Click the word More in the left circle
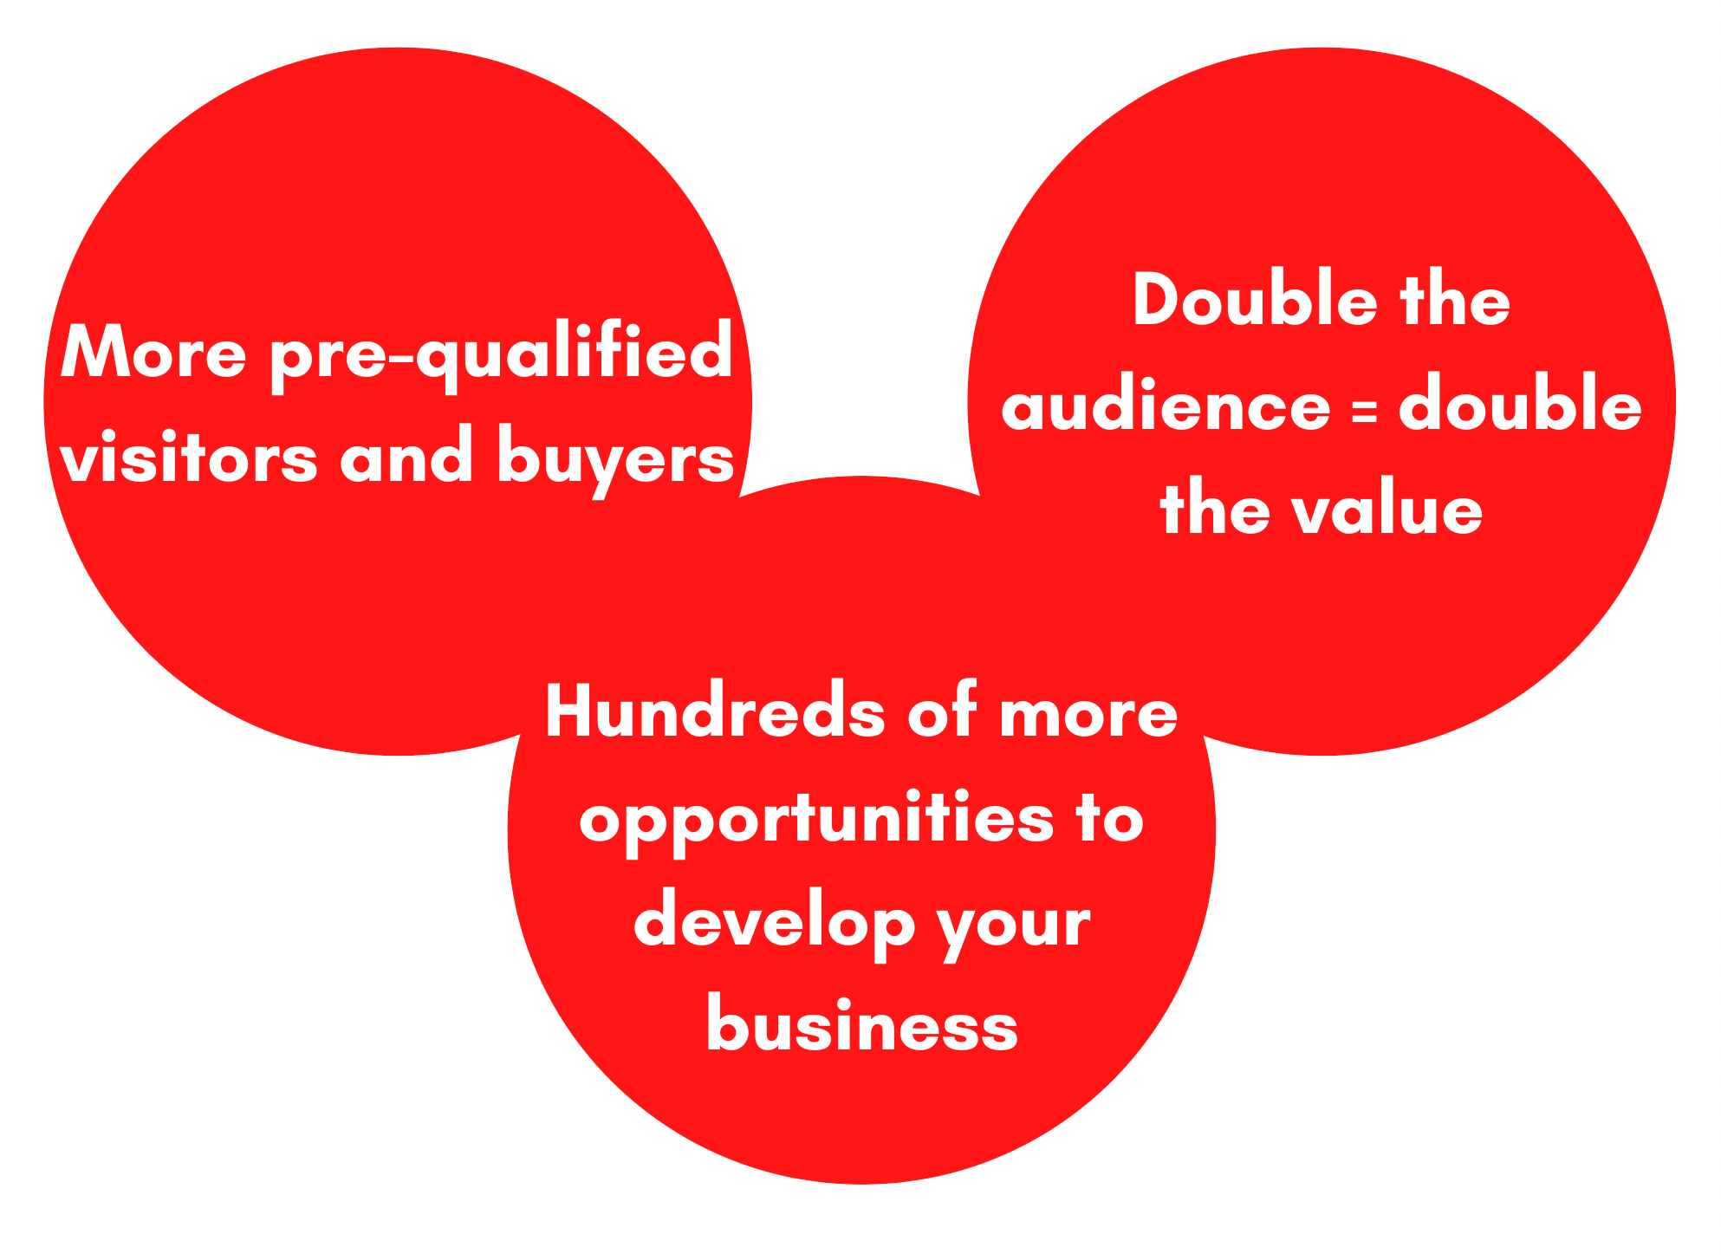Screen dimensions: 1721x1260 point(153,352)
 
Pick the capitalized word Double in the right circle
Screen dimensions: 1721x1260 point(1255,300)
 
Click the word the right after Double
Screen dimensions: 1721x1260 point(1455,300)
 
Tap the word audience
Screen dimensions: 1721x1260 point(1166,405)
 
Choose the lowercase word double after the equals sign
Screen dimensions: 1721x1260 point(1520,403)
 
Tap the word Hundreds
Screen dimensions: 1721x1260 point(715,711)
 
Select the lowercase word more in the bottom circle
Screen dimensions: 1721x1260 point(1088,717)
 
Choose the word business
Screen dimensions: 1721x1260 point(862,1023)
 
